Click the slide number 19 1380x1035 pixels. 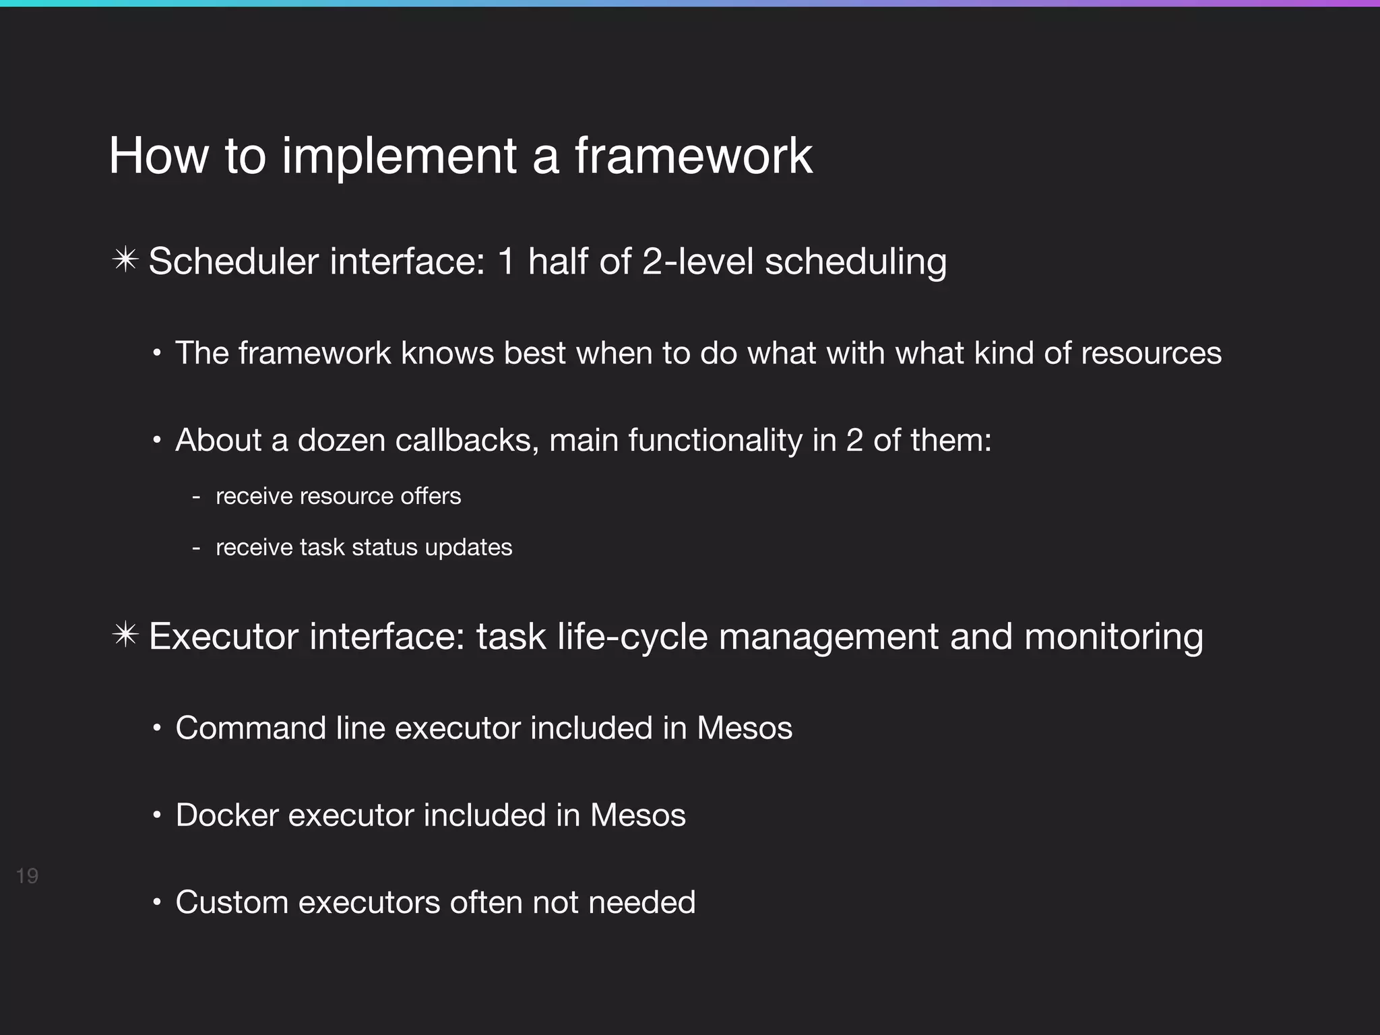(x=27, y=876)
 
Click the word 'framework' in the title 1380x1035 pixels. (x=693, y=156)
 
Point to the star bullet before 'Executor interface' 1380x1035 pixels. (x=125, y=636)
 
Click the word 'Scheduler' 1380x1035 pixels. (x=233, y=261)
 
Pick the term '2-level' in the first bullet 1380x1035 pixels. (x=697, y=261)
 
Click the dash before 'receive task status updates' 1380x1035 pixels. (x=196, y=548)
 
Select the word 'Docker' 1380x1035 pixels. (x=227, y=815)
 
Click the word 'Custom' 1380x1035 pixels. (x=232, y=902)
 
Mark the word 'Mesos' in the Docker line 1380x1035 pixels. (x=637, y=815)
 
